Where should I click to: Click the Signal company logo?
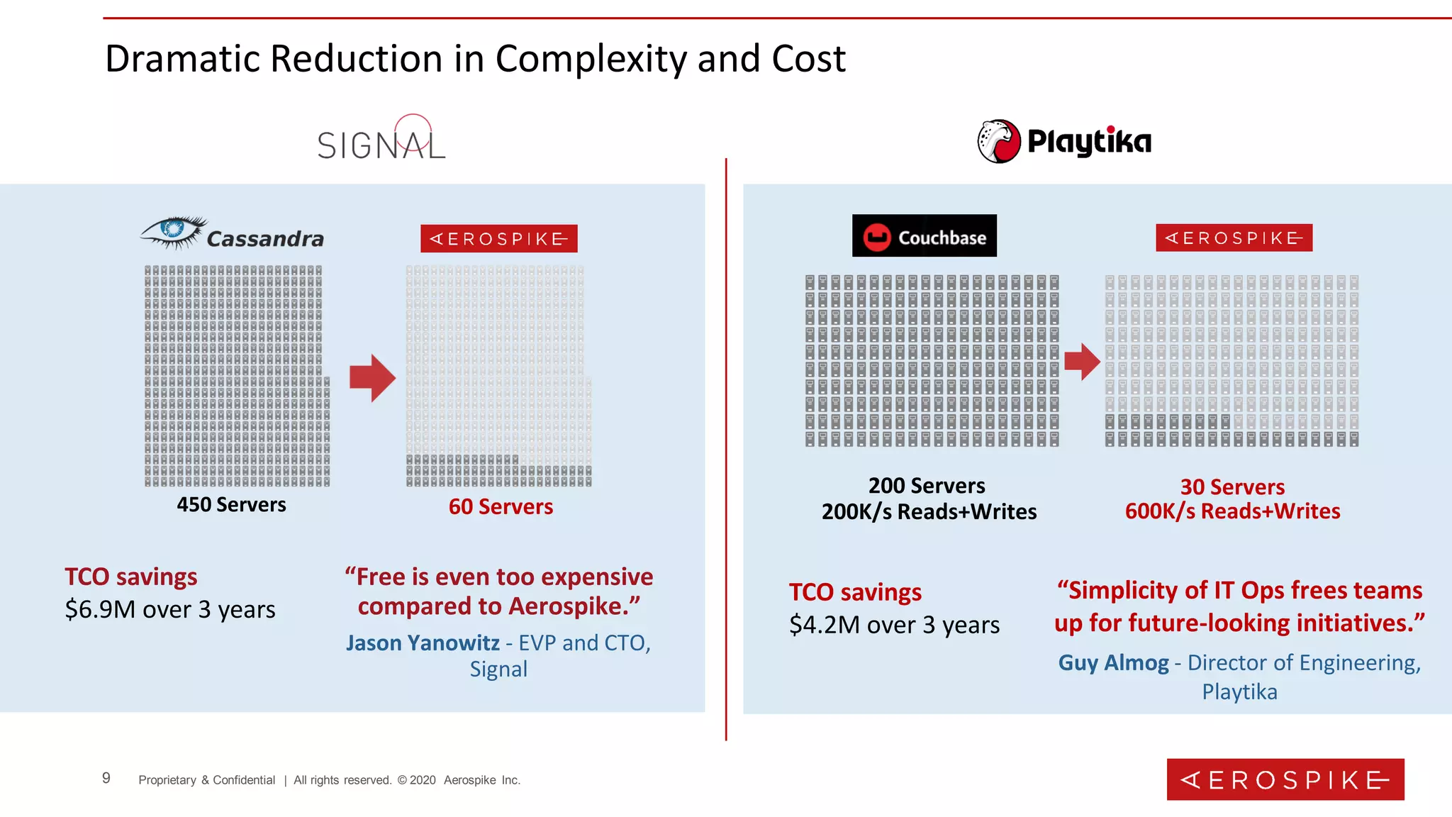tap(381, 141)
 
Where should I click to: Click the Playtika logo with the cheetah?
tap(1063, 141)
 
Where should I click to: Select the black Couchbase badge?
tap(924, 236)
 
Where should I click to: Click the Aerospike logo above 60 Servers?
tap(498, 239)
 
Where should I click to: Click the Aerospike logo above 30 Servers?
tap(1234, 238)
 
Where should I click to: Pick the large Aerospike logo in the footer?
tap(1285, 779)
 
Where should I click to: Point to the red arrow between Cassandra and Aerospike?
tap(372, 378)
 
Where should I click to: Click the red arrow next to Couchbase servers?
tap(1082, 362)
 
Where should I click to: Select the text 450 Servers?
tap(231, 505)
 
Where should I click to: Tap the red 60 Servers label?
tap(501, 507)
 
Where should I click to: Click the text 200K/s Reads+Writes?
tap(929, 512)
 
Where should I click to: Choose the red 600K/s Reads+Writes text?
tap(1232, 511)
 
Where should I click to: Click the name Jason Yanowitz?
tap(423, 643)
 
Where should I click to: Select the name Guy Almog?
tap(1113, 663)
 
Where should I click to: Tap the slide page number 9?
tap(106, 778)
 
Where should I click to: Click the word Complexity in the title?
tap(591, 59)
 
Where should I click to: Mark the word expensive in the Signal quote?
tap(597, 577)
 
